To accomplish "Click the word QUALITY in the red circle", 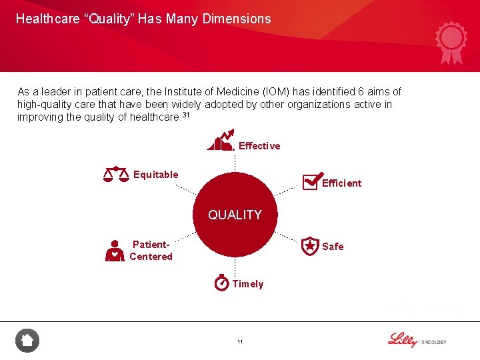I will pos(235,215).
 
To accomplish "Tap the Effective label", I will pos(259,146).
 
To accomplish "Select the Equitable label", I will pos(156,175).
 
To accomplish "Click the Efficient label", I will pos(341,183).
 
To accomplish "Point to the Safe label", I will pos(333,247).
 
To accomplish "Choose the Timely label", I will pos(248,284).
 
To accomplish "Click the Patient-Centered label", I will pos(151,251).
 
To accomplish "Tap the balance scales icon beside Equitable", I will pos(116,175).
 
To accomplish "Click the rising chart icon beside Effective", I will pos(221,140).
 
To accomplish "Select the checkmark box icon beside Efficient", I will pos(310,182).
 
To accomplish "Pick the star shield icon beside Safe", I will pos(310,246).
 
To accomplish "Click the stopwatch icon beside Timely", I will pos(221,283).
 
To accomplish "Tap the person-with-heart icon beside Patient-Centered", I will pos(115,251).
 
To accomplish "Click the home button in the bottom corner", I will pos(27,341).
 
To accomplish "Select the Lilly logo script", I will pos(402,339).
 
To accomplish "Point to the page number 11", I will pos(240,342).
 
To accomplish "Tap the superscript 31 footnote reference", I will pos(186,115).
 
